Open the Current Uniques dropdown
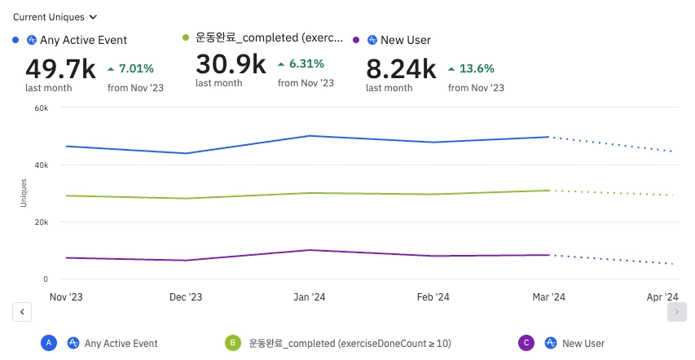[x=55, y=16]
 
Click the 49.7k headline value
[x=60, y=68]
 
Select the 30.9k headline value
[x=231, y=64]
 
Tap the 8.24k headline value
[x=401, y=68]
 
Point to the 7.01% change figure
[x=136, y=68]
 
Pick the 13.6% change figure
[x=477, y=68]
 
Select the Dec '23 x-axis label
[x=186, y=297]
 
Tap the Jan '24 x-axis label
[x=310, y=297]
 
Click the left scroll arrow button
[x=22, y=312]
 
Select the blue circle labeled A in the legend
[x=50, y=344]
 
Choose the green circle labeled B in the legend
[x=233, y=344]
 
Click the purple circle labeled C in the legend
[x=526, y=344]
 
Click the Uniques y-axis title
[x=24, y=193]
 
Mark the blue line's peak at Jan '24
[x=310, y=136]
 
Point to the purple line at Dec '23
[x=186, y=261]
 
